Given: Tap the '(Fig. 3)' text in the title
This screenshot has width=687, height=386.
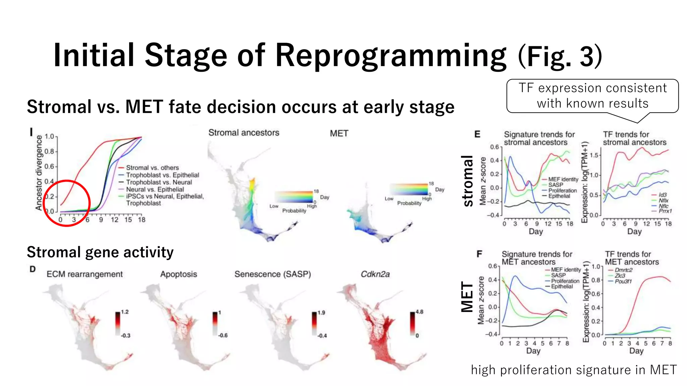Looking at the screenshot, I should pos(560,56).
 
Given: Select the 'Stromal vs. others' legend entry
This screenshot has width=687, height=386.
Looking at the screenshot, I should pos(152,168).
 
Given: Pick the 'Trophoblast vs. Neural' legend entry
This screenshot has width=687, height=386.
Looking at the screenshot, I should pos(159,182).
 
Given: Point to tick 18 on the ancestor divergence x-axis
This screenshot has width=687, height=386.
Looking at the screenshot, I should pos(142,220).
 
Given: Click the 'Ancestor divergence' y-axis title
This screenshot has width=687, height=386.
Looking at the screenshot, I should pos(39,173).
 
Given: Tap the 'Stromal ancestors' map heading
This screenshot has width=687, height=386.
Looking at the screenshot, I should pos(244,133).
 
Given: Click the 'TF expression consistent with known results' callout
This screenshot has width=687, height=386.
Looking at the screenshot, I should pos(592,96).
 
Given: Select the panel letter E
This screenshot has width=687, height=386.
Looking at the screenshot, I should pos(477,134).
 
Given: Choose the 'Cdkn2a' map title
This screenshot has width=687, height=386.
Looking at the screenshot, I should pos(375,274).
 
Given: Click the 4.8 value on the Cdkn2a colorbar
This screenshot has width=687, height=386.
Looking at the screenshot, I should pos(419,312).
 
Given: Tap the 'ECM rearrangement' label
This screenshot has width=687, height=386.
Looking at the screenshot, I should pos(85,274).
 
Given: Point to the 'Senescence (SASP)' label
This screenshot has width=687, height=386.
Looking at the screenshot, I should pos(272,274).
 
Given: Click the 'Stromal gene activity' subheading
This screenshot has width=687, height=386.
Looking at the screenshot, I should pos(100,252).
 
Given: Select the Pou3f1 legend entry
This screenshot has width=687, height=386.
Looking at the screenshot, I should pos(623,281).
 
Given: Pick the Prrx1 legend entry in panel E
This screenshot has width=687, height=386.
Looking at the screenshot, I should pos(665,211).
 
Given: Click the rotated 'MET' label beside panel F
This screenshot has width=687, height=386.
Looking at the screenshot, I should pos(467,297).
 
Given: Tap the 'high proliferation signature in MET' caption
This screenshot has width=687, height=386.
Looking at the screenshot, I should pos(574,370).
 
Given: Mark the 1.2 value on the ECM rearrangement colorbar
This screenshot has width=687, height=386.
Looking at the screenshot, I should pos(125,312).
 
